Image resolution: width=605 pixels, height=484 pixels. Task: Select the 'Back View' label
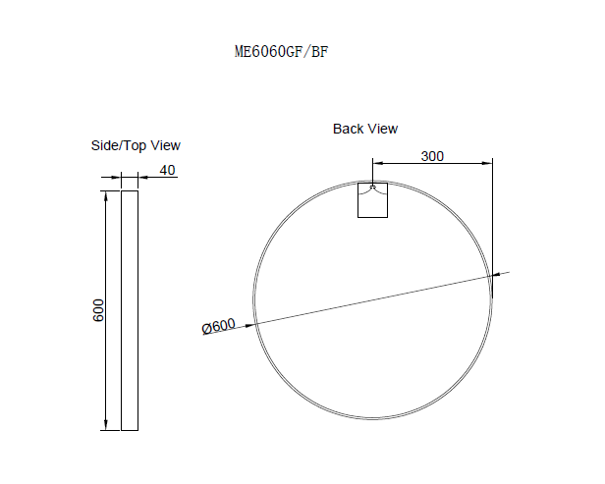click(x=365, y=129)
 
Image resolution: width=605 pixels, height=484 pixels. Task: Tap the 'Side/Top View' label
click(x=136, y=145)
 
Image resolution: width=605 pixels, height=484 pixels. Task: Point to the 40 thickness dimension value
click(x=167, y=170)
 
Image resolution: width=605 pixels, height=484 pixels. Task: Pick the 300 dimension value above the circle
click(x=432, y=156)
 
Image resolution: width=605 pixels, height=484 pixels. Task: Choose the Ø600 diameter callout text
click(x=219, y=326)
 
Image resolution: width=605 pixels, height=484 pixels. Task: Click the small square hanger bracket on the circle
click(x=372, y=200)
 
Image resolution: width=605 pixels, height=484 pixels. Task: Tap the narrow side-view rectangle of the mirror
click(x=129, y=310)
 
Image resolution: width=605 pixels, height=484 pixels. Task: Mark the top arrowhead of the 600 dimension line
click(x=105, y=196)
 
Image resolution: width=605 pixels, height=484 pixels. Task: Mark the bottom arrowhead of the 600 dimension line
click(x=105, y=424)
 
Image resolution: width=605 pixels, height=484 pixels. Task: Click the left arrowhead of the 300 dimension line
click(x=377, y=164)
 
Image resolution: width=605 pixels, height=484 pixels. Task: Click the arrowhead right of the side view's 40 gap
click(x=141, y=178)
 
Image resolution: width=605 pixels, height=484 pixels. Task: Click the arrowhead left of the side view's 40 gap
click(x=117, y=178)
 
